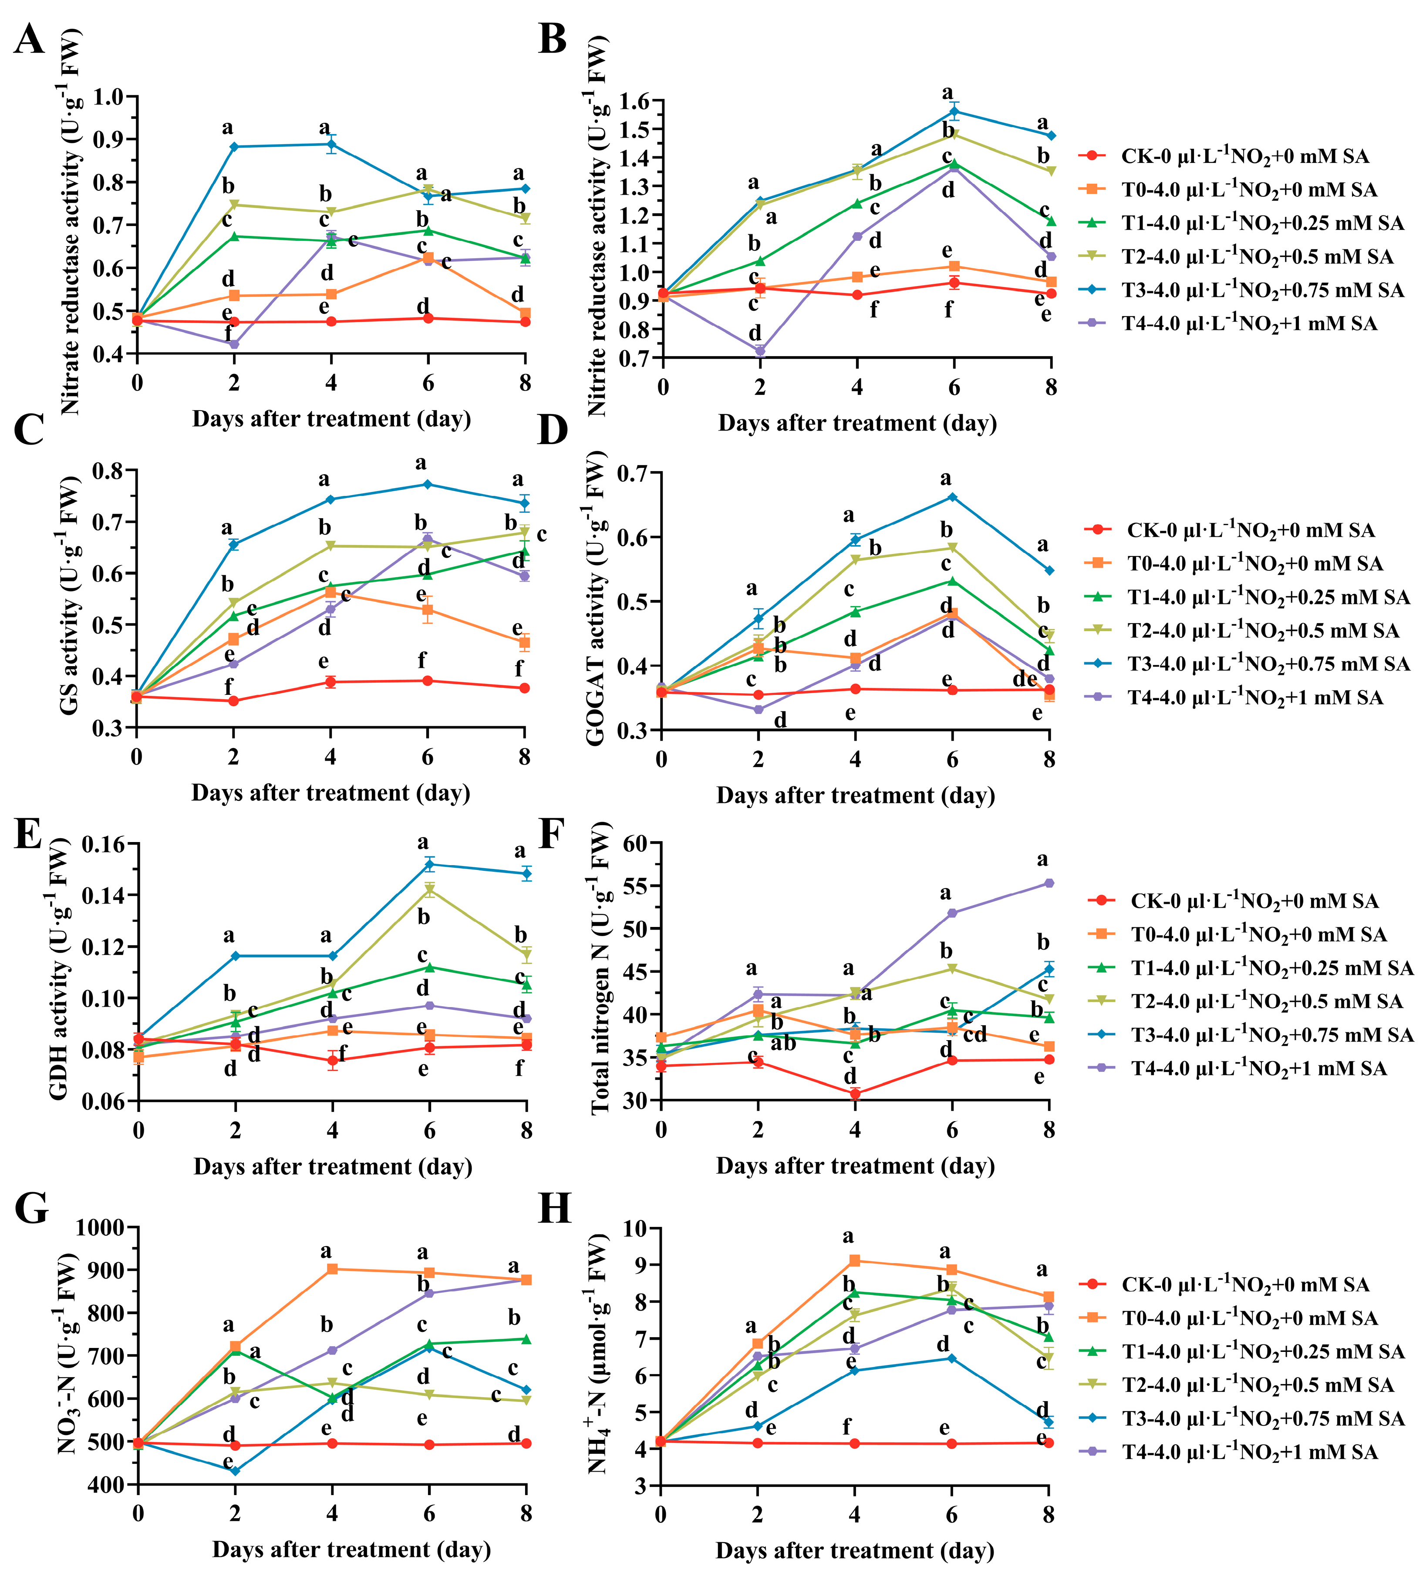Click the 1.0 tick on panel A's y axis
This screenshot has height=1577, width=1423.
[109, 97]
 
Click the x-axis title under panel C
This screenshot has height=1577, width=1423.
[331, 793]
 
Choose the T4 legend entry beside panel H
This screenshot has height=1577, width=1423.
[1249, 1452]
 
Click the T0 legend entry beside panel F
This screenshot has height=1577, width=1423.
[1258, 934]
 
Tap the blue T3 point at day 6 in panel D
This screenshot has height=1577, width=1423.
[952, 497]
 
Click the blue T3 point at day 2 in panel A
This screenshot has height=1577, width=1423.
[234, 147]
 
